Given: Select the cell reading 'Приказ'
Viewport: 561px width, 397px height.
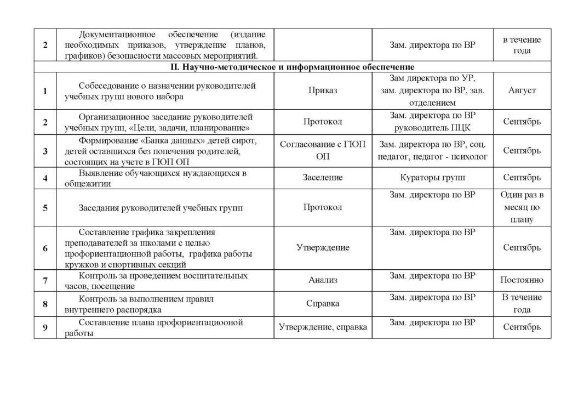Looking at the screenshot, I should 323,90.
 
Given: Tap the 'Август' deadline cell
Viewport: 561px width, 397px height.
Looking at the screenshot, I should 522,90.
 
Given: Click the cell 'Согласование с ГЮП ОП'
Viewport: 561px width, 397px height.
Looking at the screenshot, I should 323,150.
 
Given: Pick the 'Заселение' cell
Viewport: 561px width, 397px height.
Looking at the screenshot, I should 323,178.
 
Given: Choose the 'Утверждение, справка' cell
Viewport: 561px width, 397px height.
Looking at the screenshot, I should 323,327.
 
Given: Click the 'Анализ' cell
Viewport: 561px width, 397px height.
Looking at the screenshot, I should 323,280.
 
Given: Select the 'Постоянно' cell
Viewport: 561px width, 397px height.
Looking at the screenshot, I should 522,280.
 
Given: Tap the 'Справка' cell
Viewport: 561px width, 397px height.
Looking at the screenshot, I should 323,303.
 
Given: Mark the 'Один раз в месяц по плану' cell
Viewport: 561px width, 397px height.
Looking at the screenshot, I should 522,207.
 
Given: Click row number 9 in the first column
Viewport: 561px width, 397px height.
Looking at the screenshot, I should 45,327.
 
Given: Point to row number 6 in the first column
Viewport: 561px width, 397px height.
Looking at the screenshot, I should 45,248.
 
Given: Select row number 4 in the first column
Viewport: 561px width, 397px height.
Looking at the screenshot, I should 45,178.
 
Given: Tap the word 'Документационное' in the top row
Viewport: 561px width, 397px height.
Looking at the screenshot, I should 112,34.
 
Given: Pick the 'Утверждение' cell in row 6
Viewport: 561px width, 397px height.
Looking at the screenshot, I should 323,248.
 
